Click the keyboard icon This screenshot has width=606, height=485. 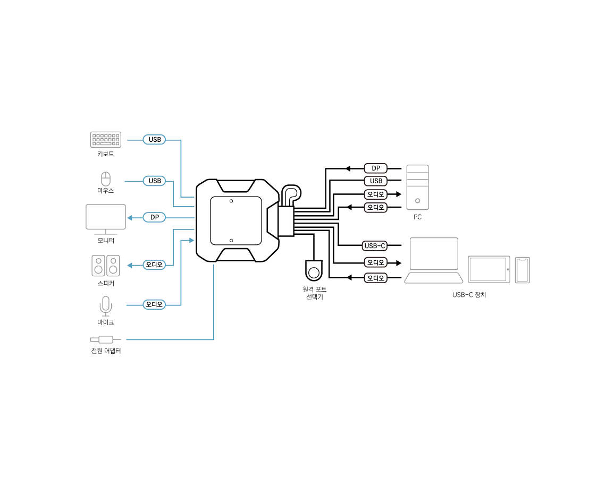click(x=105, y=139)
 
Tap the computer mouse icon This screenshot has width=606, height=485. click(x=106, y=179)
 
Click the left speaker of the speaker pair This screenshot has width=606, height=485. click(x=98, y=266)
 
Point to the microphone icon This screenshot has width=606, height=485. click(x=106, y=306)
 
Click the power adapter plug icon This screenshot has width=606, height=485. click(x=105, y=339)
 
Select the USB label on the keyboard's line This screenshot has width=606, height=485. click(x=154, y=140)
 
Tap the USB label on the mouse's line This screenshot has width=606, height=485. click(x=154, y=181)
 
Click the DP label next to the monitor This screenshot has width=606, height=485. click(x=154, y=217)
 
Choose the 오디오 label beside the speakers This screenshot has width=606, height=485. click(x=154, y=265)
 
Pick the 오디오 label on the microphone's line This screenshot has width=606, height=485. click(x=154, y=304)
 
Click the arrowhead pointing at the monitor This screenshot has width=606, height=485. click(x=129, y=218)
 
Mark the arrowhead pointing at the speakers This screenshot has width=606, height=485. click(x=129, y=265)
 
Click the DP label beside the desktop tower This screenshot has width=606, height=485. click(x=375, y=168)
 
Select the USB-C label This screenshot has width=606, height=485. click(x=374, y=246)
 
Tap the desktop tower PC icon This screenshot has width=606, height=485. click(x=417, y=187)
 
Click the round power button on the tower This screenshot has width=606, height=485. click(x=417, y=201)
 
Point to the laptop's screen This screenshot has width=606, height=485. click(x=434, y=254)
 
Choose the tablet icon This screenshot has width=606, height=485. click(x=489, y=269)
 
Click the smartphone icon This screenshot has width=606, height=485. click(x=522, y=270)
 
